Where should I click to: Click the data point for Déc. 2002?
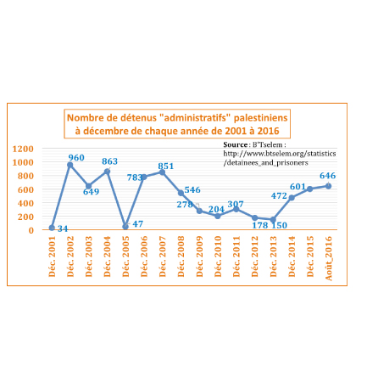70,165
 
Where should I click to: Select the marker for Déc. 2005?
125,227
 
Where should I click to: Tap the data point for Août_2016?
328,186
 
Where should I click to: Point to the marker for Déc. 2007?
162,172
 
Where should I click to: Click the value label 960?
76,157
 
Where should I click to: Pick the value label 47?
137,224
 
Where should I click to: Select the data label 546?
192,189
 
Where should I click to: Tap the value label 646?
327,176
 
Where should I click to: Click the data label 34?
63,228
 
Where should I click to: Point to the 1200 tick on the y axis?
23,149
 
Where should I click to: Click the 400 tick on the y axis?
25,203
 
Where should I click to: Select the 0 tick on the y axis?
31,230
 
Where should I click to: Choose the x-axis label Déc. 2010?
218,257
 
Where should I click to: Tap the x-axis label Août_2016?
329,258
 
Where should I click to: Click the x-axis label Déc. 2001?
52,257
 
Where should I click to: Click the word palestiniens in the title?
261,118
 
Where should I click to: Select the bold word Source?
236,144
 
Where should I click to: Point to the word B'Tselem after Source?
268,144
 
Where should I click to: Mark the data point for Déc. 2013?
273,219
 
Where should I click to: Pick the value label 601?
297,187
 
